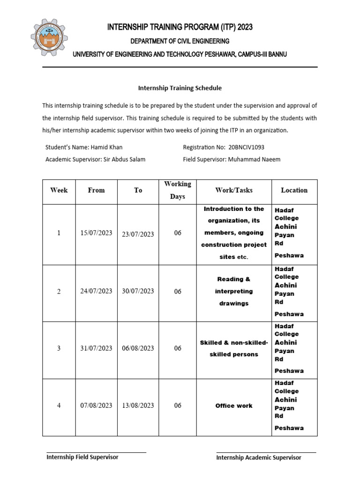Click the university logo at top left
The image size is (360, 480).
click(49, 38)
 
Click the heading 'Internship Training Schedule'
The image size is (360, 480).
click(180, 88)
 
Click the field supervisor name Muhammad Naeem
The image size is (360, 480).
click(254, 159)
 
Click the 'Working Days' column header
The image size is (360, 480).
click(177, 190)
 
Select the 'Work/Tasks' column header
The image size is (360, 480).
click(233, 190)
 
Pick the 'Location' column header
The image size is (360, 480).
click(294, 190)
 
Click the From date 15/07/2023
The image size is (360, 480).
click(96, 233)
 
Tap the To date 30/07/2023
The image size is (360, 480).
click(138, 291)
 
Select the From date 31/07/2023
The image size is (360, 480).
click(96, 348)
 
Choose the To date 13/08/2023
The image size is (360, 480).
click(138, 405)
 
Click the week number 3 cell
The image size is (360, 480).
click(59, 348)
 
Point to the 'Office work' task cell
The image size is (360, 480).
click(233, 406)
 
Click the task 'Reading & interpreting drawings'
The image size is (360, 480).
click(233, 291)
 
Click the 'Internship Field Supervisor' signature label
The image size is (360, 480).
click(82, 457)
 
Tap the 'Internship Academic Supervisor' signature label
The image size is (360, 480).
click(259, 457)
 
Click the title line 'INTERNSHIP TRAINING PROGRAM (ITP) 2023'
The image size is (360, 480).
click(180, 27)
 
